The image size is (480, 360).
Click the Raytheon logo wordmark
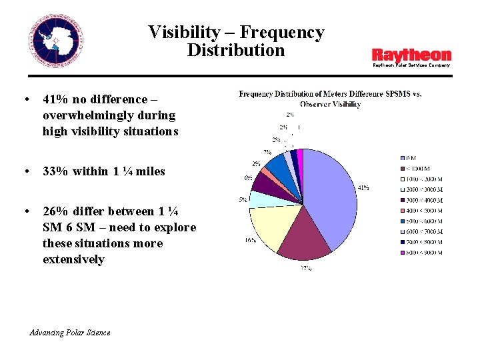click(411, 55)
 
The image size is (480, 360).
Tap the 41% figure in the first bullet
click(55, 99)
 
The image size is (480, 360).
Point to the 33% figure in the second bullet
click(55, 171)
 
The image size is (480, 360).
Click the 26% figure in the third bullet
click(55, 211)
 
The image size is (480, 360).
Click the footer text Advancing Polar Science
click(70, 333)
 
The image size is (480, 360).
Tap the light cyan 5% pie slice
click(260, 198)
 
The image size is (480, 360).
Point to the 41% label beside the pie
click(363, 188)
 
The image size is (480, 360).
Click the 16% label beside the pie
click(249, 240)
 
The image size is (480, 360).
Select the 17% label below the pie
click(305, 268)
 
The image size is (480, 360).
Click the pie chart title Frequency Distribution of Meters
click(330, 94)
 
